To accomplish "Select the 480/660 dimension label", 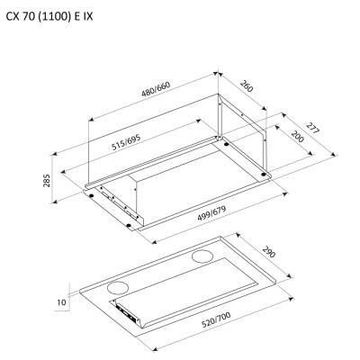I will pos(156,89).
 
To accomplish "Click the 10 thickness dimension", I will pos(59,302).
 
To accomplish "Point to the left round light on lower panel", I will pos(116,286).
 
